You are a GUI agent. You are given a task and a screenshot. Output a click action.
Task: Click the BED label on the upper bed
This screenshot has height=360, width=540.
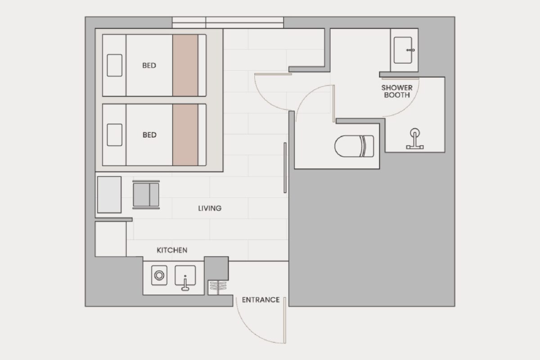(149, 65)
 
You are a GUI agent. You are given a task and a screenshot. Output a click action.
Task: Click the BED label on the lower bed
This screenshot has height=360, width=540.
(149, 135)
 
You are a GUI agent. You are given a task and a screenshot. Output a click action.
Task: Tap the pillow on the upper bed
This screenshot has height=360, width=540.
(114, 65)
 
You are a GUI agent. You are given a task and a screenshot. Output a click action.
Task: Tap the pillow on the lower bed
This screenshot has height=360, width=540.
(114, 135)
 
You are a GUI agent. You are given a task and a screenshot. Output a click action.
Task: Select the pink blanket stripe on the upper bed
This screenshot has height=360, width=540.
(185, 65)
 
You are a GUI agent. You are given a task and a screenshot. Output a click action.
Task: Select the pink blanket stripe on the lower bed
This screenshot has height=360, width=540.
(185, 135)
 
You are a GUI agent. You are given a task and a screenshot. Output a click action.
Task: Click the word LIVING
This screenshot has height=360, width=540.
(210, 208)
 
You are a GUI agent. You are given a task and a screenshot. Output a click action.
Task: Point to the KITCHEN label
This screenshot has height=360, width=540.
(172, 250)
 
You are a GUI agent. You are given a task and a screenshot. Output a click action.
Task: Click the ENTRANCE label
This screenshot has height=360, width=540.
(261, 300)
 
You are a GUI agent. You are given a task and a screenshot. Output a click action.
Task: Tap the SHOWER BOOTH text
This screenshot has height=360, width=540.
(397, 91)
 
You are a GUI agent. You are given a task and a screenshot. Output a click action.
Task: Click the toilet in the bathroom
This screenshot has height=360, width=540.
(354, 146)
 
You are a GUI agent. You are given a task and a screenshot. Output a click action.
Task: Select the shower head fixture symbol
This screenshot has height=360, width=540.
(415, 139)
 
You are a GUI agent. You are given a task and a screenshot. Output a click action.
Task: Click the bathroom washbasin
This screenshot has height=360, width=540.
(403, 50)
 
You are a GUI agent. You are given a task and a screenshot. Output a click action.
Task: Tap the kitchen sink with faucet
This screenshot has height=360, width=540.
(185, 277)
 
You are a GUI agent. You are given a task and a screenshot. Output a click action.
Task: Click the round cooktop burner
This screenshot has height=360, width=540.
(159, 275)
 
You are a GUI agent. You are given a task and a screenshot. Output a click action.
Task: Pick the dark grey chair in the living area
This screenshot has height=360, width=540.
(146, 194)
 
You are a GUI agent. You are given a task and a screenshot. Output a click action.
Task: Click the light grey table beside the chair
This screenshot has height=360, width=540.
(109, 194)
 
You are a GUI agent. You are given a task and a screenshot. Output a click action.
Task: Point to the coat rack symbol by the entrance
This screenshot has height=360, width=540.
(218, 288)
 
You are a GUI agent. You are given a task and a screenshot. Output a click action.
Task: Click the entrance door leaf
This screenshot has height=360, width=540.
(285, 320)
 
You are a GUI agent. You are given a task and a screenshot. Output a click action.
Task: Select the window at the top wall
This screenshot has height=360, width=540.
(228, 22)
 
